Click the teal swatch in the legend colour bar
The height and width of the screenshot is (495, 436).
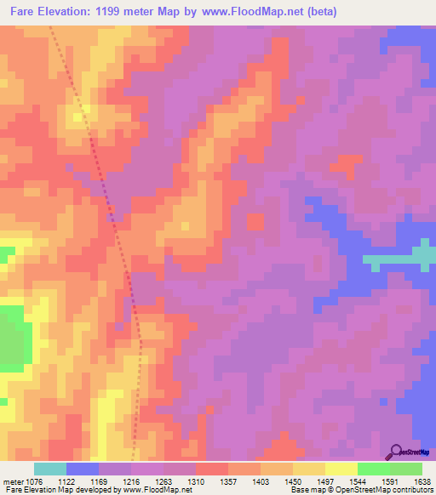click(50, 469)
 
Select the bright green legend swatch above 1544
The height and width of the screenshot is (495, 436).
click(373, 469)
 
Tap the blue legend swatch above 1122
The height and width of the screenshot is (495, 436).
click(83, 469)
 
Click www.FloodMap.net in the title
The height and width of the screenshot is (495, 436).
click(255, 12)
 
